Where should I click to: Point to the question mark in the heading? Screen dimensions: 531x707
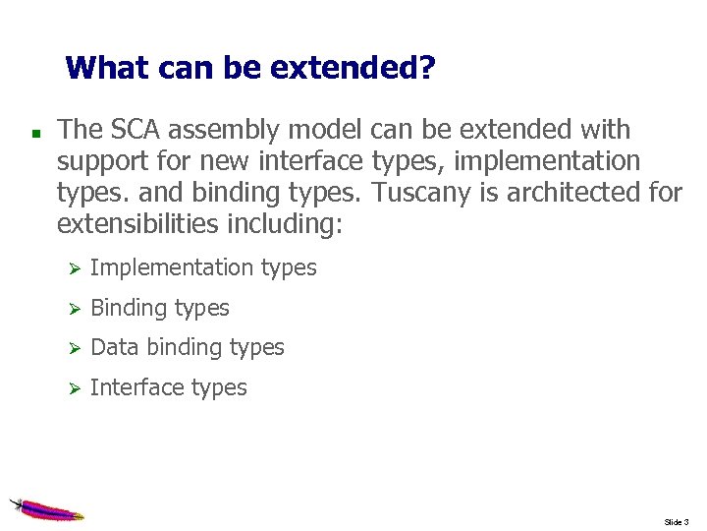coord(427,68)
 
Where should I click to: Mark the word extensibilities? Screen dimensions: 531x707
coord(138,223)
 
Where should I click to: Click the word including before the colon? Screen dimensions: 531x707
coord(282,223)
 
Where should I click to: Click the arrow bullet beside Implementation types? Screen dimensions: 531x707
coord(70,268)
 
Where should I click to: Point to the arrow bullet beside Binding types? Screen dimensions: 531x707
coord(70,309)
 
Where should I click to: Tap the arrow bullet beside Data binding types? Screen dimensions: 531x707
coord(70,348)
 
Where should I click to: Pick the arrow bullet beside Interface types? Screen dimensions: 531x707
coord(70,388)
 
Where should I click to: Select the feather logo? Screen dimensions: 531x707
coord(46,508)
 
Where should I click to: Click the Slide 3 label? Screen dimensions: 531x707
coord(678,521)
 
